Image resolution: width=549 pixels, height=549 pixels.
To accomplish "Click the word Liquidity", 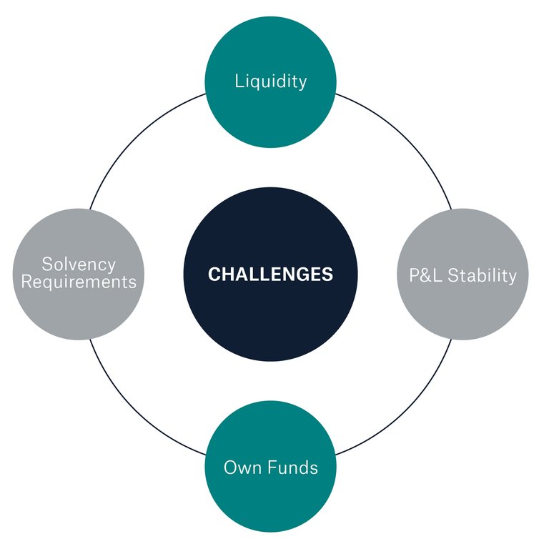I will [271, 81].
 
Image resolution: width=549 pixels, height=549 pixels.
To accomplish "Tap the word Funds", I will [289, 468].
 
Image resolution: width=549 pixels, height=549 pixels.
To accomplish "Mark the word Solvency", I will [79, 264].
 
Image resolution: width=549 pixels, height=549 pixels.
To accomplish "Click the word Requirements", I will [79, 282].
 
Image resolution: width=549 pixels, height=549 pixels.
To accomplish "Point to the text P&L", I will [423, 275].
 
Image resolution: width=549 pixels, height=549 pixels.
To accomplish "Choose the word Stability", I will [479, 275].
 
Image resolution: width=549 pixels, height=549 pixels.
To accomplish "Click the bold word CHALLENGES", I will [271, 274].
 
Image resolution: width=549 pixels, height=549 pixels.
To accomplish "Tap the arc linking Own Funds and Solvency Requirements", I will [137, 408].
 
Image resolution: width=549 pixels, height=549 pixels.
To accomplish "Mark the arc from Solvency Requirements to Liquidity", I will [137, 141].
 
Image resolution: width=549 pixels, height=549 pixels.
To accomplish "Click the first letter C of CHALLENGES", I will [214, 274].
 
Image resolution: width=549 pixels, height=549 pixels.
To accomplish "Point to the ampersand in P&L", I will [423, 275].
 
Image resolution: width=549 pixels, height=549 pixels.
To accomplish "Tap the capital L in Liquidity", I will [239, 81].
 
